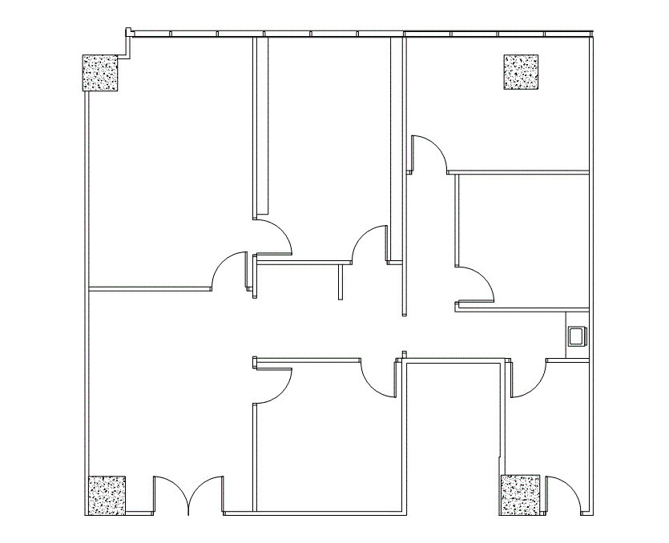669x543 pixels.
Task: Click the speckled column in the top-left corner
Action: coord(100,74)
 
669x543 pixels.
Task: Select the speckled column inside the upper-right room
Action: coord(521,72)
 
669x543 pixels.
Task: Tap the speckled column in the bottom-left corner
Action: coord(107,495)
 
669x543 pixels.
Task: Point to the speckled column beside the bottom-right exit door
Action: coord(521,494)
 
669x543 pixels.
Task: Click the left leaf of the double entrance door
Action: coord(169,493)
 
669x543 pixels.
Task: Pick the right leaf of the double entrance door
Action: coord(206,493)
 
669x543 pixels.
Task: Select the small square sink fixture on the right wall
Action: coord(576,336)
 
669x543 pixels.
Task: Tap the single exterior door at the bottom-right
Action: coord(566,492)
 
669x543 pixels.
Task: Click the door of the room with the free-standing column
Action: coord(429,152)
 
